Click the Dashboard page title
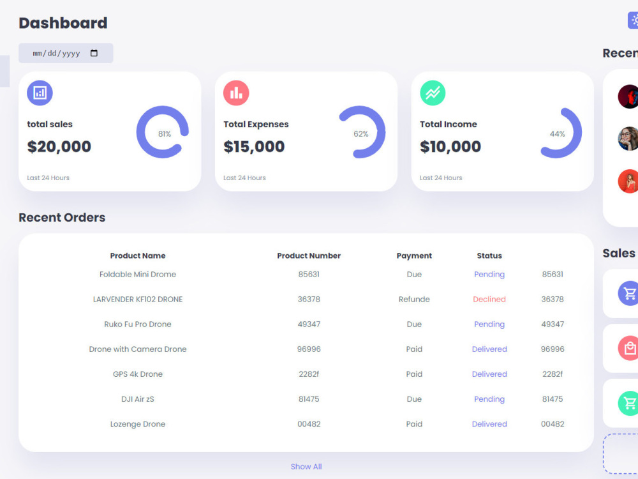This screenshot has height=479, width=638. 63,23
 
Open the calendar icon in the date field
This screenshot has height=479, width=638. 94,53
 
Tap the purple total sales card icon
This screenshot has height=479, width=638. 40,93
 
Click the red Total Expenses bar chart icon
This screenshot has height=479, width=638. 236,93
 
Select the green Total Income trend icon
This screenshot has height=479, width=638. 433,93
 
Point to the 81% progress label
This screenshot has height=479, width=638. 165,134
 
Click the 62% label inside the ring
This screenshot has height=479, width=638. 361,134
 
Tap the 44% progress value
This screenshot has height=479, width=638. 558,134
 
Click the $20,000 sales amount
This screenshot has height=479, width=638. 59,147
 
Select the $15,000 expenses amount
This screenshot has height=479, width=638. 254,147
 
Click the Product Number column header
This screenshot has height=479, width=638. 309,256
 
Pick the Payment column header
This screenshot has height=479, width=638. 414,256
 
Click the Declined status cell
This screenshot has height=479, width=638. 489,300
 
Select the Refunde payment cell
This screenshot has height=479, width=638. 414,300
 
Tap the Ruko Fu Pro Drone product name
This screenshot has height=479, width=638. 138,324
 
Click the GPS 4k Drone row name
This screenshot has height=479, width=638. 138,374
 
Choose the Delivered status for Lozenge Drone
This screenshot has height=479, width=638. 489,424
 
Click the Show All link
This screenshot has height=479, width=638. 306,467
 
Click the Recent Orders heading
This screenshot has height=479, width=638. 62,218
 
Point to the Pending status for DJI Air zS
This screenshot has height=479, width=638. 489,399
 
